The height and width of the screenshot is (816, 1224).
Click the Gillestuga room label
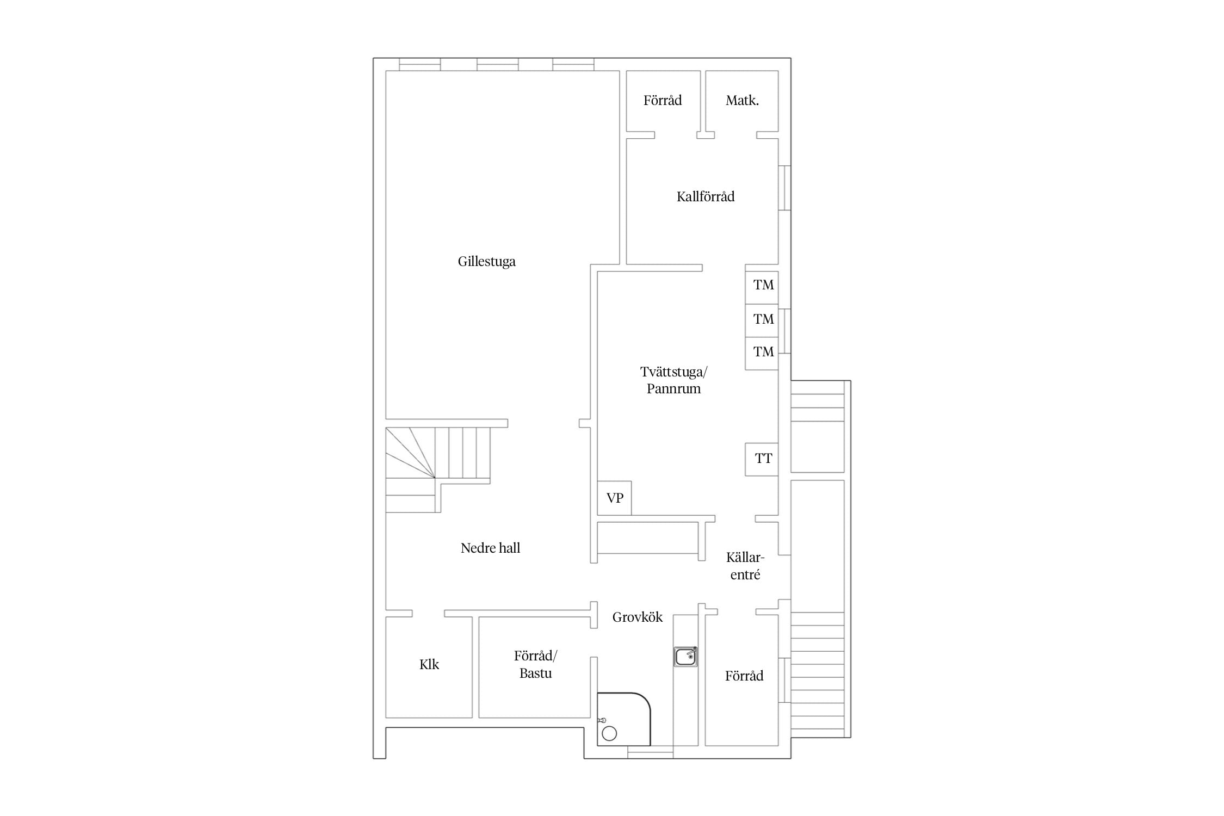[x=486, y=262]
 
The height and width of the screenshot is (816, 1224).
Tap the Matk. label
[x=742, y=100]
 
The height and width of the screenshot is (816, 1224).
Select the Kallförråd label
[x=706, y=196]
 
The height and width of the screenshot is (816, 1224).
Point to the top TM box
[x=762, y=287]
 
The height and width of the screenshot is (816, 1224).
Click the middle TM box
[x=762, y=320]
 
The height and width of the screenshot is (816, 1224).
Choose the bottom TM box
[x=762, y=354]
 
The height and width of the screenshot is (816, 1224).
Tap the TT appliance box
[x=762, y=459]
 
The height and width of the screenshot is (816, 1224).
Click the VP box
[x=614, y=498]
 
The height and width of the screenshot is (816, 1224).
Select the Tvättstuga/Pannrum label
[x=673, y=380]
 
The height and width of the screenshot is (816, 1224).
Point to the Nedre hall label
[x=490, y=548]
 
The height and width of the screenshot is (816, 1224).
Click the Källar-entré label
[x=745, y=566]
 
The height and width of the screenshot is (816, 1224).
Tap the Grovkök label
[x=638, y=617]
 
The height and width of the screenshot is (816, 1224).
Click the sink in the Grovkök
[x=685, y=657]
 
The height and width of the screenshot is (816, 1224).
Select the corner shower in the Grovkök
[x=623, y=719]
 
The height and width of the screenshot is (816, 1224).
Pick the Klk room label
[x=429, y=664]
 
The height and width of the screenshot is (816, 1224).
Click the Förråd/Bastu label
[x=536, y=664]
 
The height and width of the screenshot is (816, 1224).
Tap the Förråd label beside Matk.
[x=663, y=100]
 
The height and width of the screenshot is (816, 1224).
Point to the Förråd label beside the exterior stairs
[x=744, y=676]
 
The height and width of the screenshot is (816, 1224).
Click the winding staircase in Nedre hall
[x=438, y=469]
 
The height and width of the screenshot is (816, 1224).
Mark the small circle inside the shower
[x=609, y=733]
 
